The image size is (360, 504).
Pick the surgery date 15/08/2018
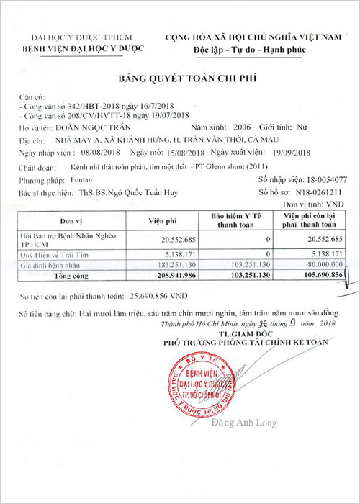[179, 153]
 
